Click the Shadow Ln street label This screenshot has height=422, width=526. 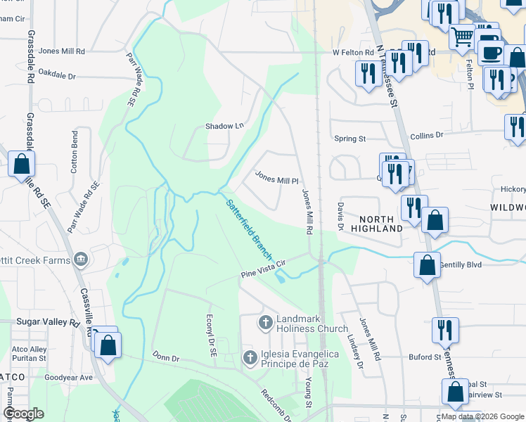pos(224,126)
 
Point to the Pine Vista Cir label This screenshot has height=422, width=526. pos(265,268)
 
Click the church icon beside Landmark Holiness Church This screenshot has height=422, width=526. pos(266,323)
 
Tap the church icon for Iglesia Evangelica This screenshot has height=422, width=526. pos(250,358)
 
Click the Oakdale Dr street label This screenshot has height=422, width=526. pos(57,74)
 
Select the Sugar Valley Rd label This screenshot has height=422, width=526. pos(48,322)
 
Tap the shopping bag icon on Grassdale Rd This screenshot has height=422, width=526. pos(21,165)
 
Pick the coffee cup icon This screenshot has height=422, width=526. pos(490,52)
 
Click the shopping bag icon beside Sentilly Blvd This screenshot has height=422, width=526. pos(427,265)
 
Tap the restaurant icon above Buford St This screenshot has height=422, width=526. pos(445,329)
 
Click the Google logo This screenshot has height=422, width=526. pos(24,414)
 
